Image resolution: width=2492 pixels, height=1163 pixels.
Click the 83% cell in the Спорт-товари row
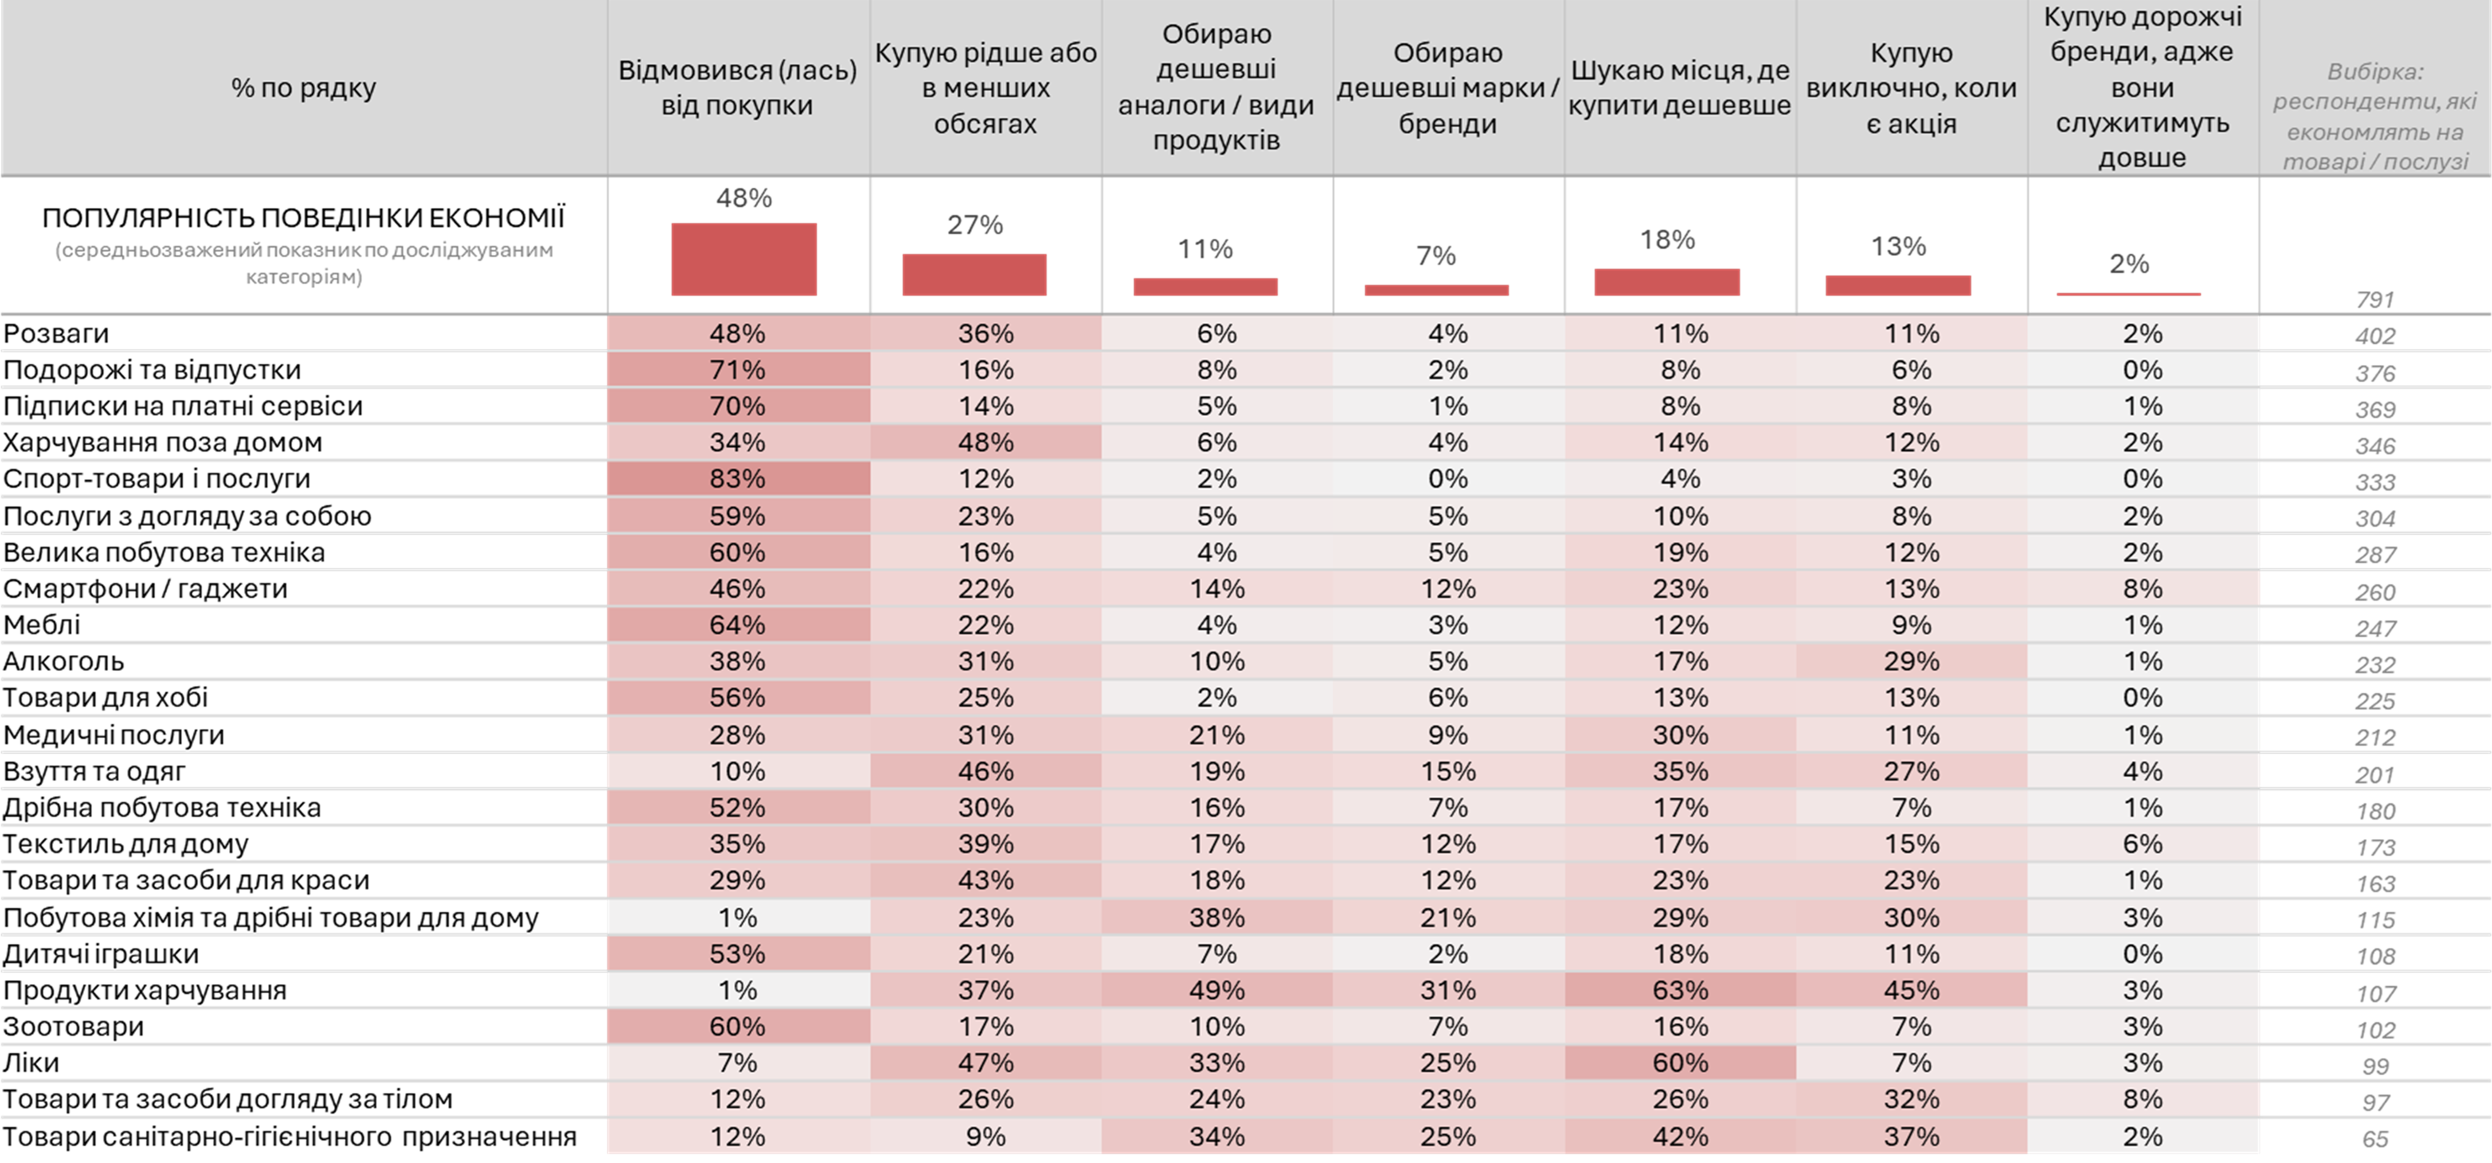click(x=737, y=479)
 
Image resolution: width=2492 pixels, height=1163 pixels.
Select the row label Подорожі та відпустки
click(x=152, y=370)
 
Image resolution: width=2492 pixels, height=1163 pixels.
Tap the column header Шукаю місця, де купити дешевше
click(x=1679, y=88)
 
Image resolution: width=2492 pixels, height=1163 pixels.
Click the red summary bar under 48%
click(x=743, y=259)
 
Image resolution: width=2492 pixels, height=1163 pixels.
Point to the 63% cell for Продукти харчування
click(x=1679, y=990)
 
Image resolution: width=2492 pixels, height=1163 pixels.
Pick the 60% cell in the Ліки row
click(x=1679, y=1062)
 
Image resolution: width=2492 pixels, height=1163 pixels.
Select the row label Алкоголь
click(x=64, y=662)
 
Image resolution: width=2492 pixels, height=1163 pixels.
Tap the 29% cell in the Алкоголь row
click(x=1911, y=662)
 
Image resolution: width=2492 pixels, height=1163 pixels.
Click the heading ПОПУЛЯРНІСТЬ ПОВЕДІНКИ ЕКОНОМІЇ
click(x=303, y=218)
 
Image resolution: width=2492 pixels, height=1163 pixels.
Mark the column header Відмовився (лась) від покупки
click(x=737, y=88)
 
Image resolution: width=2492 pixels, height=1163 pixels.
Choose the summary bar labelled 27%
click(x=974, y=275)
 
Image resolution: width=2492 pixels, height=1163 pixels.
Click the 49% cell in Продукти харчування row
click(x=1216, y=990)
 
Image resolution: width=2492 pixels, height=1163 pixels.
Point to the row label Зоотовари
click(x=73, y=1027)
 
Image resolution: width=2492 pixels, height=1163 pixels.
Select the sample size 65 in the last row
click(x=2375, y=1139)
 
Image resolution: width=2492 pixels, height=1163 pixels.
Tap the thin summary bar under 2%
click(x=2128, y=293)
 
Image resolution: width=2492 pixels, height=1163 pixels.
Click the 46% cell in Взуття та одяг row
click(x=985, y=771)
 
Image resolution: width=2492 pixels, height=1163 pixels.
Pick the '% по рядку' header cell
click(x=303, y=88)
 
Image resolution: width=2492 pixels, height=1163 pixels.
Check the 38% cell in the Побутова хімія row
click(x=1216, y=917)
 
